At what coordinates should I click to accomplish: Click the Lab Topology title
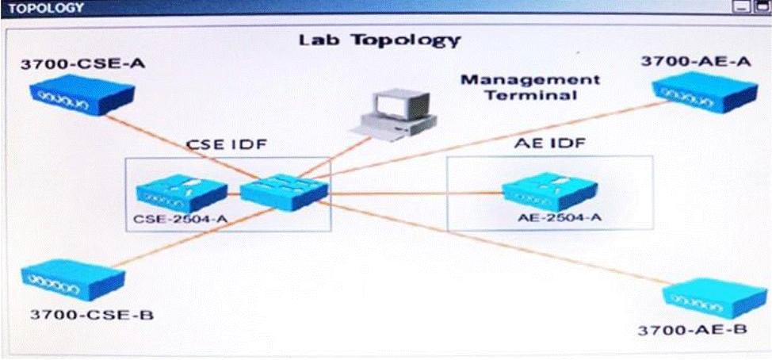click(380, 40)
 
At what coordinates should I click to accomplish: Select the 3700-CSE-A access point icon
click(82, 94)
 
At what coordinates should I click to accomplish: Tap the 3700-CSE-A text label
click(82, 63)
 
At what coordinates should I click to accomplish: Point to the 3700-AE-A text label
click(696, 61)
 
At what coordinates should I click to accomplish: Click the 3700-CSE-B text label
click(92, 314)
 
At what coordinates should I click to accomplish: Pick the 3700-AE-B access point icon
click(715, 297)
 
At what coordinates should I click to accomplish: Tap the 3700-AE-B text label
click(692, 329)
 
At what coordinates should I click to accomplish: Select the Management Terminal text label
click(530, 87)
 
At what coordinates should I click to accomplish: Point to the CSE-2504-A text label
click(180, 218)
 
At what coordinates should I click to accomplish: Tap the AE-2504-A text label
click(560, 217)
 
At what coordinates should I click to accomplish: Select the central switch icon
click(284, 192)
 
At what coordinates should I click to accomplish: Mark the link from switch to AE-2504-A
click(415, 193)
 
